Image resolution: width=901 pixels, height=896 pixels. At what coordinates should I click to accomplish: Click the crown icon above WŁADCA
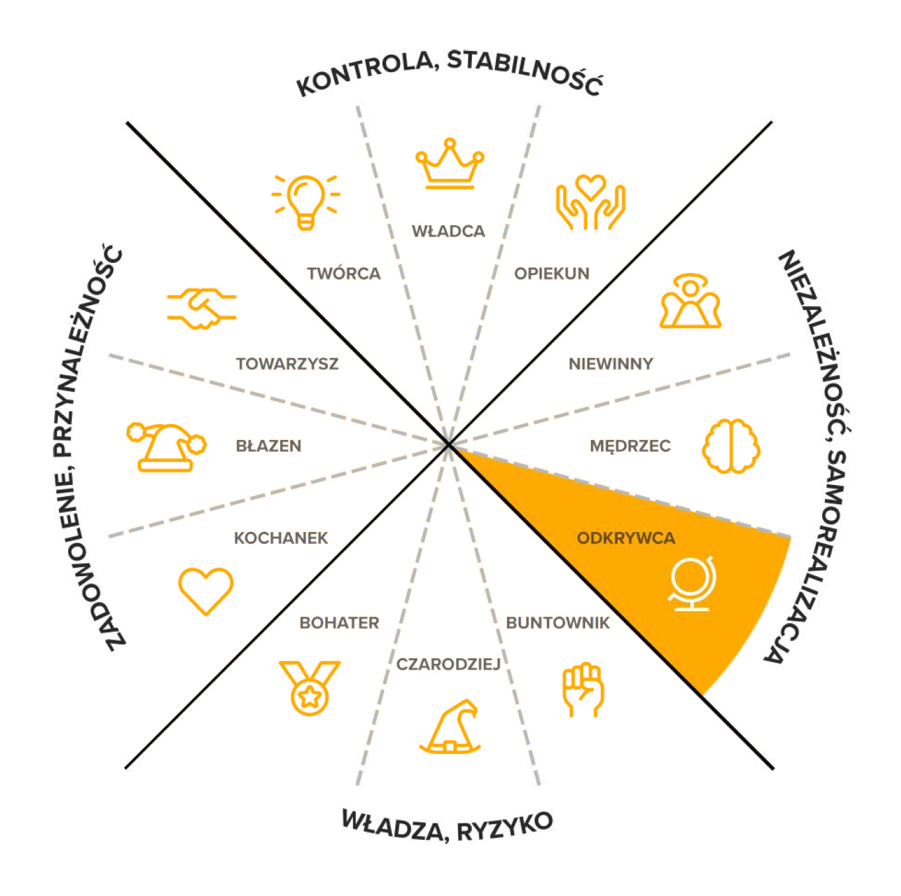pos(450,164)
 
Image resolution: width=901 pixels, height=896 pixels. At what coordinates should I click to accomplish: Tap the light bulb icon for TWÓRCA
pos(305,201)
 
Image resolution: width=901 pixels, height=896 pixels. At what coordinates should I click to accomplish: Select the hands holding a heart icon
pos(590,202)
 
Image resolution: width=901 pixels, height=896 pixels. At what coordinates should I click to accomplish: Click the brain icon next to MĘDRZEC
pos(730,446)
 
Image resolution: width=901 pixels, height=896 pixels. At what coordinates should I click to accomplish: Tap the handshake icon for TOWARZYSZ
pos(202,308)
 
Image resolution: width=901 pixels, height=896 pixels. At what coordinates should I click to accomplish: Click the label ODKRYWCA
pos(625,538)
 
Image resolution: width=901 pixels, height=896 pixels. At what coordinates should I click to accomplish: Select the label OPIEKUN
pos(551,274)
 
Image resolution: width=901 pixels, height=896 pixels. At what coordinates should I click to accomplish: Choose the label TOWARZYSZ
pos(287,363)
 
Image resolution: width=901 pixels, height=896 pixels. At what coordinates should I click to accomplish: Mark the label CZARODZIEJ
pos(448,664)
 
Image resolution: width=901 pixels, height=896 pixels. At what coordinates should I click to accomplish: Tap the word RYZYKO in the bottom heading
pos(505,828)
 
